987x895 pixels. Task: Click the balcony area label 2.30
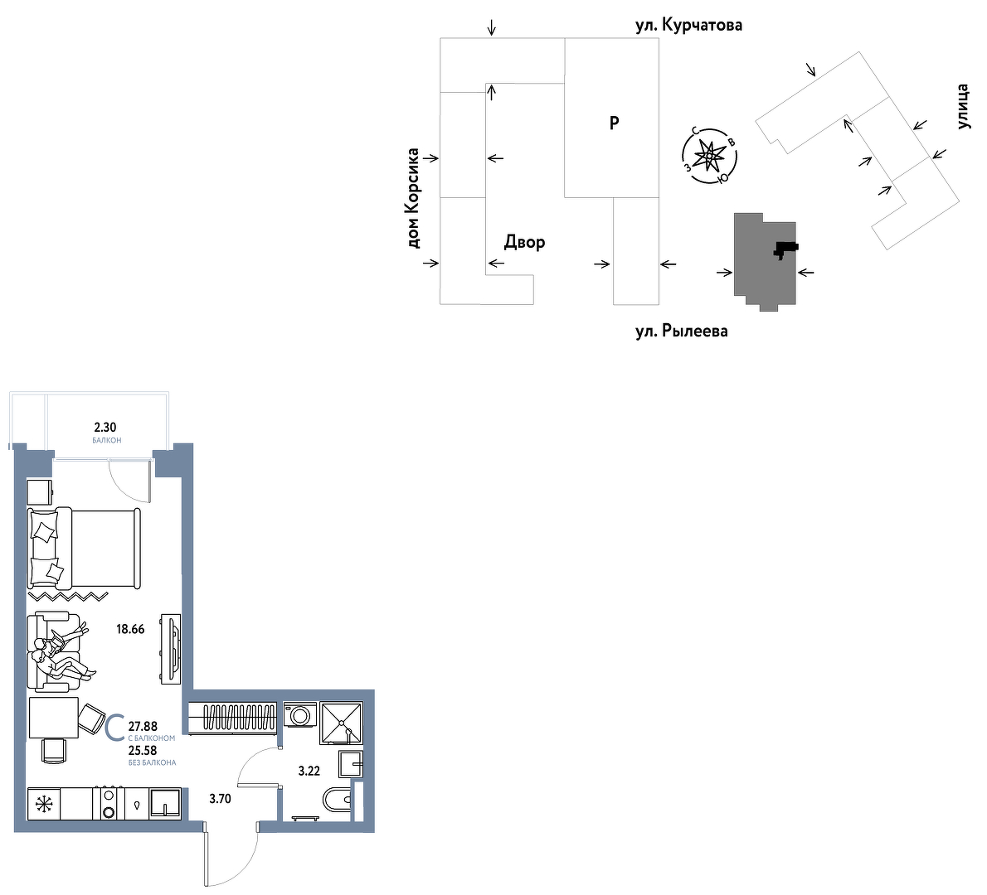(105, 428)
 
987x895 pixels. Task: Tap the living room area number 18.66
(130, 629)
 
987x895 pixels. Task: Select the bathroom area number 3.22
(309, 771)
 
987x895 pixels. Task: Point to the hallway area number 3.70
(221, 799)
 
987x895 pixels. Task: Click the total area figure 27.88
(143, 727)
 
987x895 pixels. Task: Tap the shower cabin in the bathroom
(341, 723)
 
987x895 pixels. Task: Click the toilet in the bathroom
(338, 801)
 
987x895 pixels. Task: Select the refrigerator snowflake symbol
(44, 804)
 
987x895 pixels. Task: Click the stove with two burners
(109, 804)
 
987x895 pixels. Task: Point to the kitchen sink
(165, 804)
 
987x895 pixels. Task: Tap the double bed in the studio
(84, 549)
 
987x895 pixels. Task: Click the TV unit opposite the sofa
(171, 649)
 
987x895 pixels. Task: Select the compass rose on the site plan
(709, 155)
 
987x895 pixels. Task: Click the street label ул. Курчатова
(688, 25)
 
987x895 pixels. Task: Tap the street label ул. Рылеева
(682, 331)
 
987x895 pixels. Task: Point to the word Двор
(524, 242)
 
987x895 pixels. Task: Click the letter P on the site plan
(615, 123)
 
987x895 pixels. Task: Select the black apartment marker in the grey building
(785, 249)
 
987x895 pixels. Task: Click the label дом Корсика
(413, 198)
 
